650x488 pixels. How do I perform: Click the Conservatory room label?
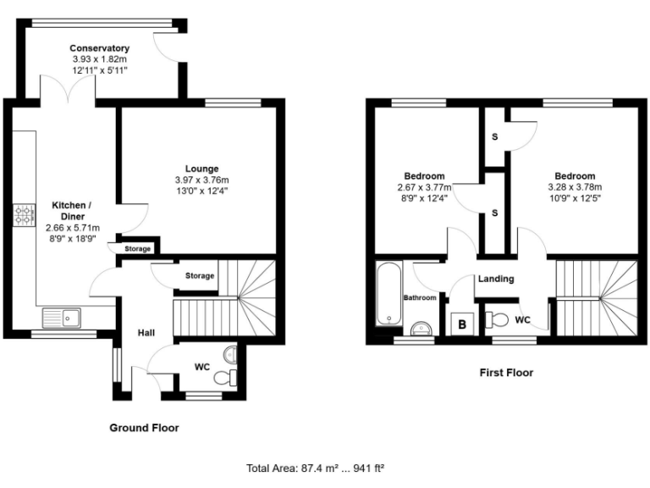(99, 48)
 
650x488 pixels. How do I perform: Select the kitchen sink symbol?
(61, 319)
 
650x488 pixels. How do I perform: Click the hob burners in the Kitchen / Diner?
(21, 216)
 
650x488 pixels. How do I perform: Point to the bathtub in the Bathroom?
(388, 294)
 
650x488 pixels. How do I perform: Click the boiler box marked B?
(463, 323)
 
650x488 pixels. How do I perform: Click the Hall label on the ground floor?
(146, 333)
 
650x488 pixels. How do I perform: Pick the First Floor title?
(506, 372)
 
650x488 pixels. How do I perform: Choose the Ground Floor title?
(144, 428)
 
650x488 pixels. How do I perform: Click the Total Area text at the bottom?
(316, 467)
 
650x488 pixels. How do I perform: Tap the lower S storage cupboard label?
(494, 212)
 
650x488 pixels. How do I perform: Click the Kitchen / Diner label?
(72, 211)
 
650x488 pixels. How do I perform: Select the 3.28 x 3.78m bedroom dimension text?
(575, 187)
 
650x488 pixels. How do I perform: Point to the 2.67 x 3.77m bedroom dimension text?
(424, 187)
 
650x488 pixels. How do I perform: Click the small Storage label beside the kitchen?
(138, 249)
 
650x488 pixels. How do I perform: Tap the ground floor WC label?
(202, 367)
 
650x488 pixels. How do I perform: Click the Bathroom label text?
(420, 298)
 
